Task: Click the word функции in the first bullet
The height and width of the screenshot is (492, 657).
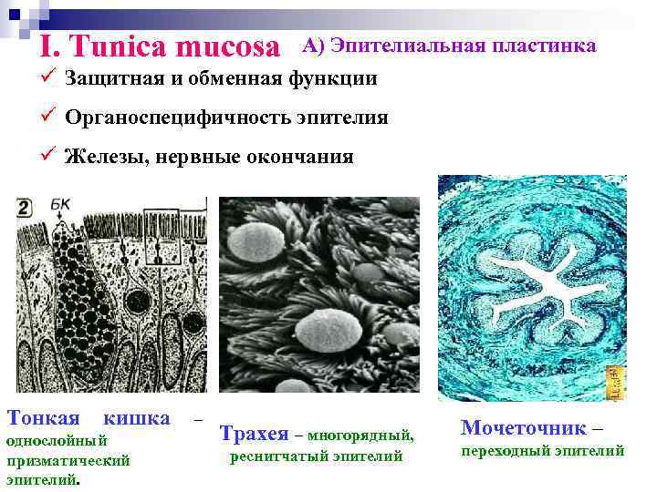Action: pyautogui.click(x=333, y=78)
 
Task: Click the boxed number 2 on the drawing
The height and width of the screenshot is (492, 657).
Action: pyautogui.click(x=25, y=209)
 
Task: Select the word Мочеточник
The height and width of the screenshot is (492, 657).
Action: pyautogui.click(x=523, y=427)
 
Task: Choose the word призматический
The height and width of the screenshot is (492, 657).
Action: pyautogui.click(x=68, y=460)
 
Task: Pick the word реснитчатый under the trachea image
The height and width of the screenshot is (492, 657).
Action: pyautogui.click(x=276, y=456)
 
